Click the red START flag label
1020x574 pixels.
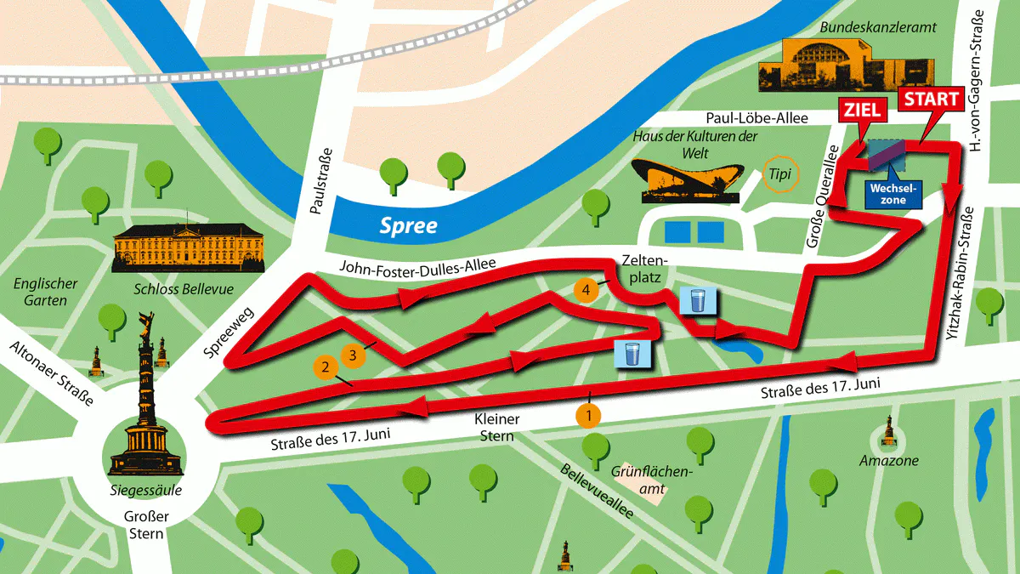(931, 99)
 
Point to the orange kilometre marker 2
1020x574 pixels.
(324, 367)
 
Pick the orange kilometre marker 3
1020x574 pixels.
(353, 352)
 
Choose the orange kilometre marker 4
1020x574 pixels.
(585, 290)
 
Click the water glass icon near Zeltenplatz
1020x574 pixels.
(698, 301)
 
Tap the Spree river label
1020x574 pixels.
(409, 226)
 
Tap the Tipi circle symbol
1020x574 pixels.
(779, 173)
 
